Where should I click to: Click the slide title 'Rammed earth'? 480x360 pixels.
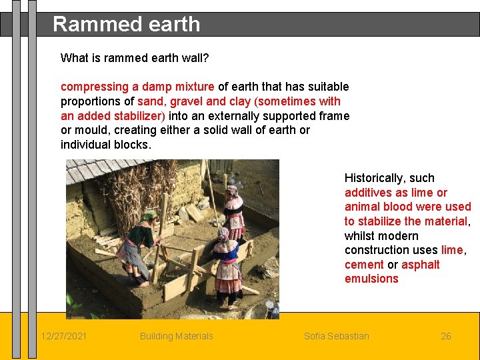pyautogui.click(x=126, y=24)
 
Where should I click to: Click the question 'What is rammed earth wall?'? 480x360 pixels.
pyautogui.click(x=135, y=58)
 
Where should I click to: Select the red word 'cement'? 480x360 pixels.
pyautogui.click(x=364, y=265)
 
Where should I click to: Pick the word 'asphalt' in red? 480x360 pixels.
pyautogui.click(x=420, y=265)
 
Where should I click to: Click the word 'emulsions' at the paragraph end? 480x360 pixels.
pyautogui.click(x=371, y=279)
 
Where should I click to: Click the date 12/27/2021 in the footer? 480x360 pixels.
pyautogui.click(x=63, y=336)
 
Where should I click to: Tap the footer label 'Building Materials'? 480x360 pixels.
pyautogui.click(x=176, y=336)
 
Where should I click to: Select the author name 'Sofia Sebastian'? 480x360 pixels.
pyautogui.click(x=336, y=336)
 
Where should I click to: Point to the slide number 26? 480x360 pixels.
pyautogui.click(x=446, y=336)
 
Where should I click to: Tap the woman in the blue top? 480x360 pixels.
pyautogui.click(x=233, y=213)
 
